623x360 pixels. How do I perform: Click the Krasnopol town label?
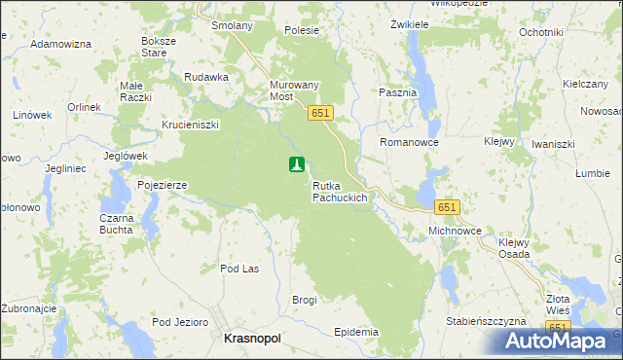click(x=252, y=337)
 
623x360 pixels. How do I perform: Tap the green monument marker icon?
click(x=297, y=165)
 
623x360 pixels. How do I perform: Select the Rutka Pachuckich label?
click(x=339, y=191)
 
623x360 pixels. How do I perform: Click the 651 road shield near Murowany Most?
click(x=321, y=114)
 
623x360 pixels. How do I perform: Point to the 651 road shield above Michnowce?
click(x=447, y=207)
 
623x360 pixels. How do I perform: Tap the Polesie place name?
click(x=302, y=30)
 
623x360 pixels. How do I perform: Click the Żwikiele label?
click(x=410, y=23)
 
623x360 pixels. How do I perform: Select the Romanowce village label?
click(x=410, y=142)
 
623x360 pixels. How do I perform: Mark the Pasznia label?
click(x=396, y=92)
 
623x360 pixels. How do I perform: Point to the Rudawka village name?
click(x=206, y=77)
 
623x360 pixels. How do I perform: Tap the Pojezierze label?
click(x=162, y=184)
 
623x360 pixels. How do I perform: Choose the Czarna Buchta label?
click(x=116, y=224)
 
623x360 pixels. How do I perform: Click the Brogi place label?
click(x=305, y=300)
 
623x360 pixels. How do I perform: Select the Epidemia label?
click(x=355, y=332)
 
